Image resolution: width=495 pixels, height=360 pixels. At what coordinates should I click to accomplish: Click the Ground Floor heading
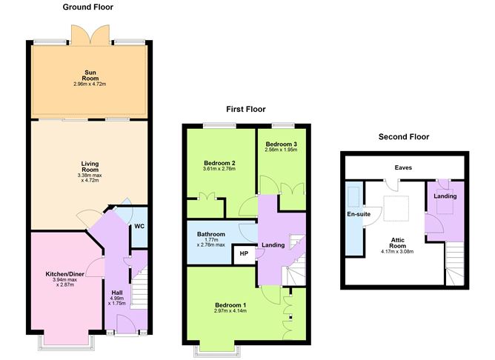[89, 7]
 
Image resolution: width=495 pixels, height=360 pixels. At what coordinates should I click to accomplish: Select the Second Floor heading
[403, 136]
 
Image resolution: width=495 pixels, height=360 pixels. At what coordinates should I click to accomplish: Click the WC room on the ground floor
[138, 227]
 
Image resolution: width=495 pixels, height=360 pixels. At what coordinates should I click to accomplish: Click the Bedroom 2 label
[219, 163]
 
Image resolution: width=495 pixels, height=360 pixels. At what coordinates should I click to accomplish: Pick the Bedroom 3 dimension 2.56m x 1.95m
[280, 150]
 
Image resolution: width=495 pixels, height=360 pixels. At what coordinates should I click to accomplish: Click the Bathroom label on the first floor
[210, 235]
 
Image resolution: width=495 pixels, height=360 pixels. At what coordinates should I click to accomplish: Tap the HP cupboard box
[243, 254]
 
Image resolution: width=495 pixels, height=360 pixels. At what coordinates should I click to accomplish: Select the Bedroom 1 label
[230, 305]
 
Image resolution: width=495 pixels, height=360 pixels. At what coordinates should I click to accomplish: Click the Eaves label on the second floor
[403, 167]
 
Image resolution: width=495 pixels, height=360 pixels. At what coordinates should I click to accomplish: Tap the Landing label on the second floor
[445, 196]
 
